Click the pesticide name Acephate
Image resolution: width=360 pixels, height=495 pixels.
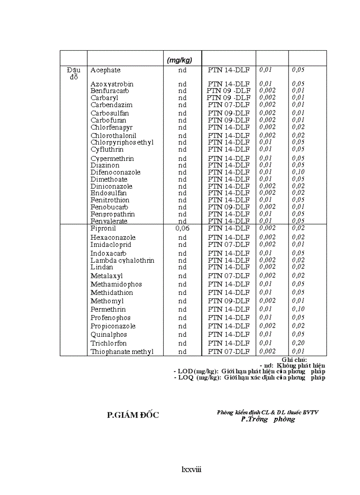[105, 70]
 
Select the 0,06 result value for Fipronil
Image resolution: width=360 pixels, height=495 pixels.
[182, 228]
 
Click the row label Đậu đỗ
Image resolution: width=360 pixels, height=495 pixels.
[73, 74]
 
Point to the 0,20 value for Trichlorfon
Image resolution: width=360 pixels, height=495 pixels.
[298, 343]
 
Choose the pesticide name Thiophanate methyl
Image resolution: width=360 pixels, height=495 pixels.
[122, 352]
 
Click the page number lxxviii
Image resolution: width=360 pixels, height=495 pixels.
[191, 469]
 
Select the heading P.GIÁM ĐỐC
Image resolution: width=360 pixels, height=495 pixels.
[133, 415]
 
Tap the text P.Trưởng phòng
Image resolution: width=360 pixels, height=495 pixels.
[268, 420]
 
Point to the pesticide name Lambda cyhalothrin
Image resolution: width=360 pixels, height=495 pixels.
[122, 261]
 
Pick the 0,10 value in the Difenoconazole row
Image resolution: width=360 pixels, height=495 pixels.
[298, 172]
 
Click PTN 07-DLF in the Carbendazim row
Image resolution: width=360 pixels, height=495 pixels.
[229, 105]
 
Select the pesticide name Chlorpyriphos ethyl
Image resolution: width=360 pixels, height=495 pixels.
[122, 142]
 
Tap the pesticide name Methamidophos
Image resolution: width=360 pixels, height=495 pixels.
[116, 284]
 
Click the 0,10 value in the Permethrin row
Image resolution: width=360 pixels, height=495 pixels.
[298, 309]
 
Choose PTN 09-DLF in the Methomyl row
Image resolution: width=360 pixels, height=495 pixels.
[229, 301]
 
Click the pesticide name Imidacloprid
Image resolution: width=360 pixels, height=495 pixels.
[111, 245]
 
